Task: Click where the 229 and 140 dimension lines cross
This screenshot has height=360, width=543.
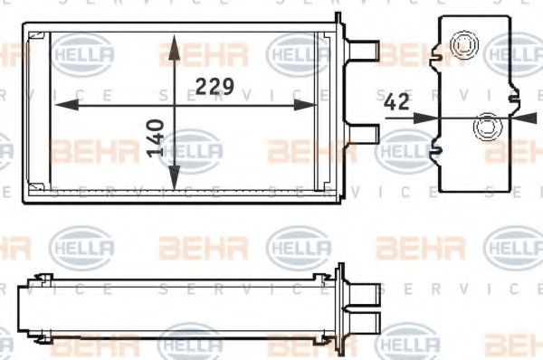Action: pos(173,106)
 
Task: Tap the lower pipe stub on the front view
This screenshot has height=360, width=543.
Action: pos(364,133)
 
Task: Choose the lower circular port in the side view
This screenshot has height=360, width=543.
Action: pos(489,126)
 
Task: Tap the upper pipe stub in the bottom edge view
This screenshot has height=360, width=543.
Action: pos(364,292)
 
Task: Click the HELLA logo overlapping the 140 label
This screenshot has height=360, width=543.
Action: pos(191,148)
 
